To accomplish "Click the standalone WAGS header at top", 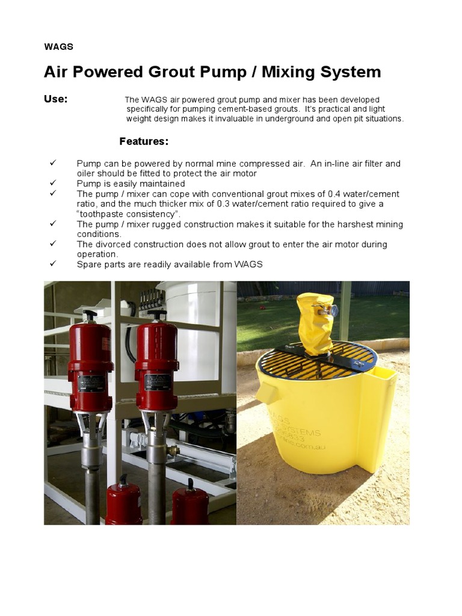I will tap(58, 46).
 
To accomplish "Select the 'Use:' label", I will tap(56, 99).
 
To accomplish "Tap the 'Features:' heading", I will tap(144, 141).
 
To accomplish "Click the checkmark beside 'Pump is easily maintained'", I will tap(53, 183).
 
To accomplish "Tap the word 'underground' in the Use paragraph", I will tap(272, 119).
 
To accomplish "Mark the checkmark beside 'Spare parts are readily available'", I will tap(53, 264).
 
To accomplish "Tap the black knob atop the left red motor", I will tap(90, 315).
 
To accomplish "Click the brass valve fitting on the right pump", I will tap(173, 450).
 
